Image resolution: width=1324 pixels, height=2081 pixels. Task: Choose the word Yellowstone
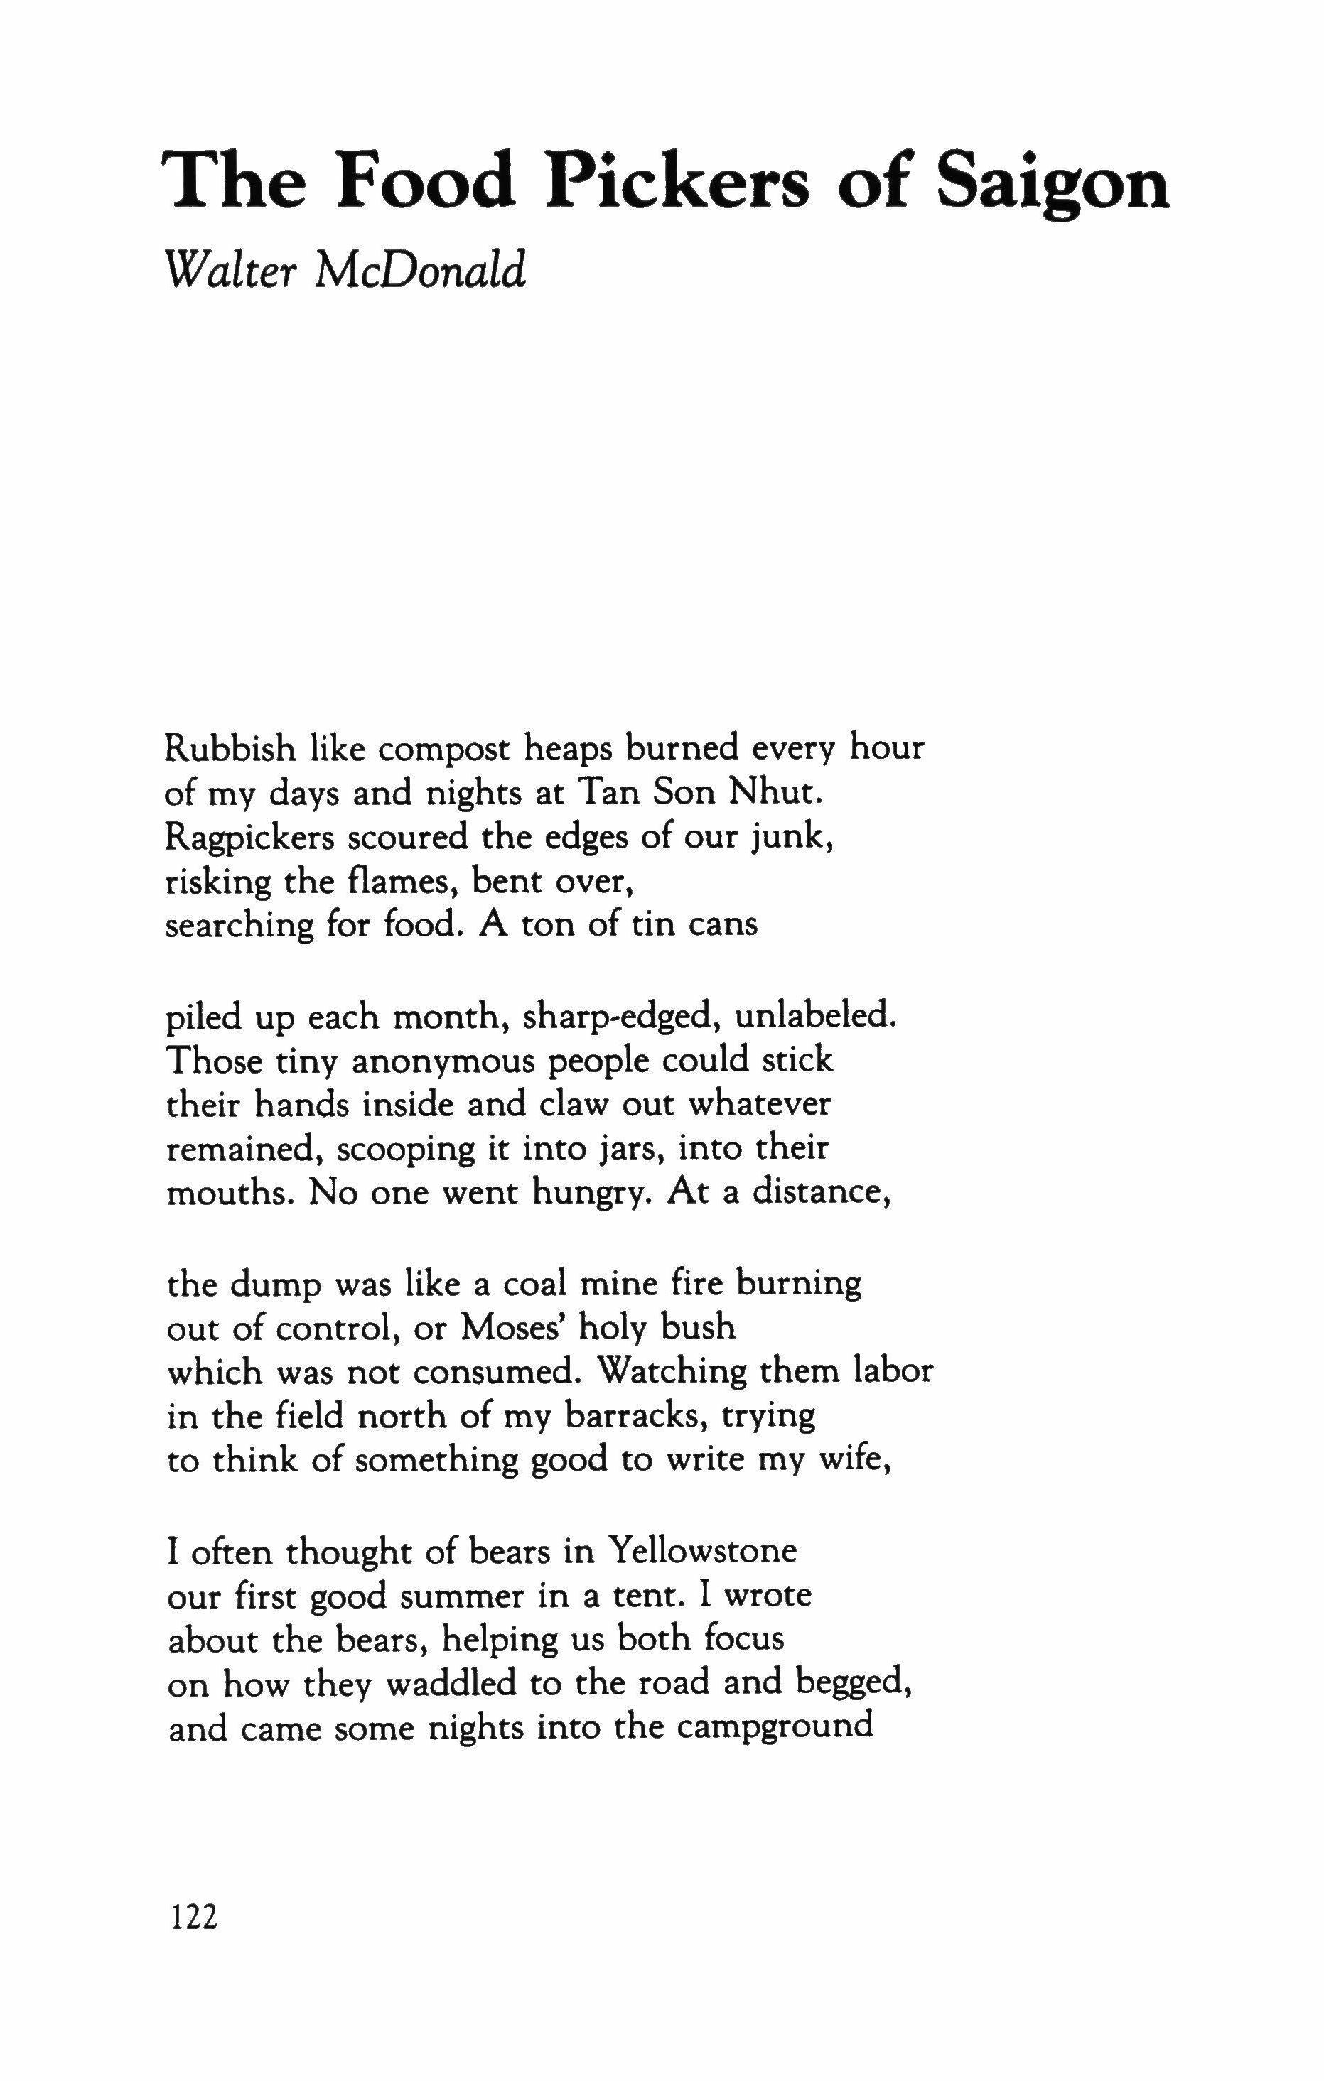point(701,1550)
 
